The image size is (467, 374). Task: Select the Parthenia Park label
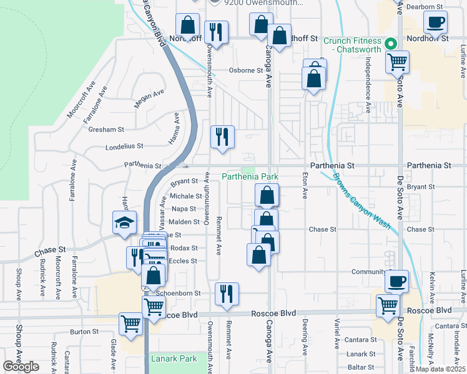250,177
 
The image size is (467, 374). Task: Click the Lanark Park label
174,358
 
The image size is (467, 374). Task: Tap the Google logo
21,367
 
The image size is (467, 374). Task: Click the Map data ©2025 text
440,369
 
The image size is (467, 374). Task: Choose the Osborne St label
245,70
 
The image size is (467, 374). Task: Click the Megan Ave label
149,100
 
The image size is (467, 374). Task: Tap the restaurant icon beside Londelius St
222,137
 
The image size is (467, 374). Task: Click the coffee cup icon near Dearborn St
435,22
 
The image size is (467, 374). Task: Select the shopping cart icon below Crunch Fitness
397,62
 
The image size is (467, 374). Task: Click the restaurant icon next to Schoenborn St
226,294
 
